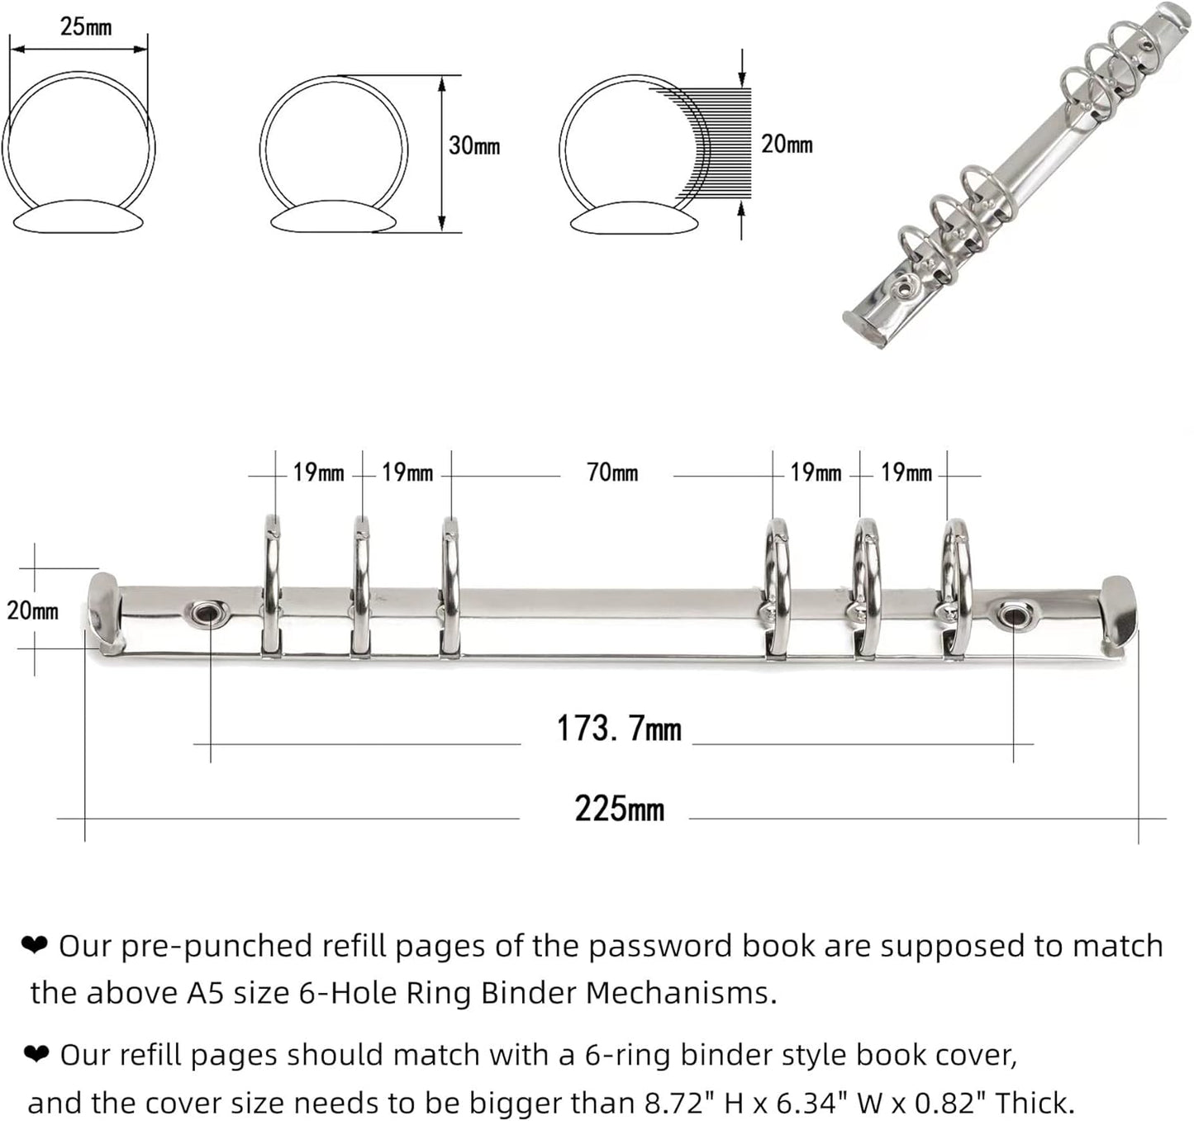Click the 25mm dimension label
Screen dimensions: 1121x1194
pyautogui.click(x=86, y=26)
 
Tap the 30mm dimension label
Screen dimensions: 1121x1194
pyautogui.click(x=473, y=146)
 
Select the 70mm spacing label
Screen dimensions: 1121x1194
pyautogui.click(x=612, y=473)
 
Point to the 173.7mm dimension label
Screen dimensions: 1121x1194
pyautogui.click(x=619, y=729)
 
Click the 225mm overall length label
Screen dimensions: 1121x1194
pyautogui.click(x=620, y=809)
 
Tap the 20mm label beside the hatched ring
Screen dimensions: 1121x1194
pyautogui.click(x=787, y=145)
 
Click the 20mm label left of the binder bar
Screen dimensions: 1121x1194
pyautogui.click(x=32, y=610)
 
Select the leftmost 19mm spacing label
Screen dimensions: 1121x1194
pyautogui.click(x=318, y=473)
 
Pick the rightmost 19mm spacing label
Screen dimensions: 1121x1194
pyautogui.click(x=906, y=473)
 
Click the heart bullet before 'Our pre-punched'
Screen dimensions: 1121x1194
pyautogui.click(x=35, y=945)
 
